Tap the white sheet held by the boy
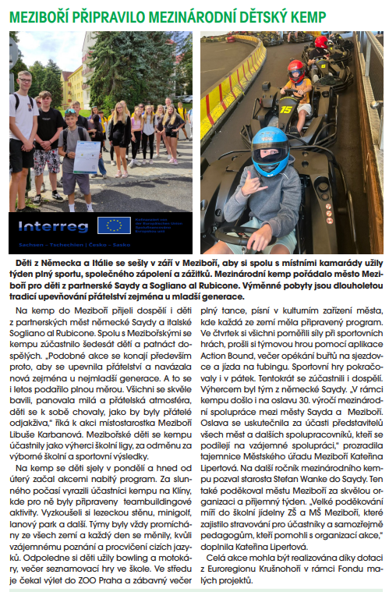(86, 157)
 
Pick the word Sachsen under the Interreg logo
(30, 245)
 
